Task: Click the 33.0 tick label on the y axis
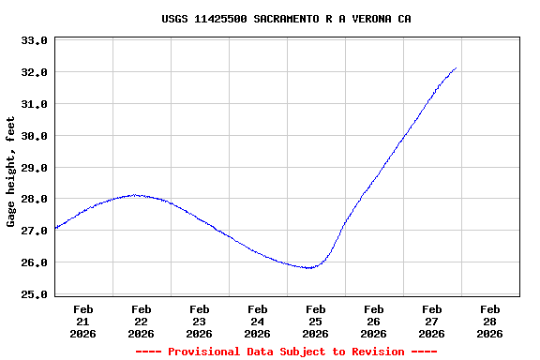click(x=34, y=41)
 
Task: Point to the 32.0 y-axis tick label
click(x=34, y=72)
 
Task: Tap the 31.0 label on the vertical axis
click(x=34, y=104)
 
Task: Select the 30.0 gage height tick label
click(x=34, y=136)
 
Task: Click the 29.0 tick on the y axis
click(x=34, y=168)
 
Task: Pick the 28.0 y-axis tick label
click(x=34, y=199)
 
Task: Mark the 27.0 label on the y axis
click(x=34, y=231)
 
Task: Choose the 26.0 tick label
click(x=34, y=262)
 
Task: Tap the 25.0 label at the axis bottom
click(x=34, y=294)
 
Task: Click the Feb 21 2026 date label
click(x=82, y=321)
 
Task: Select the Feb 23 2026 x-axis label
click(x=199, y=321)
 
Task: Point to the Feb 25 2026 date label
click(x=315, y=321)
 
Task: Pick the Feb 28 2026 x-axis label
click(x=489, y=321)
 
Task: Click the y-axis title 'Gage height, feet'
click(x=11, y=172)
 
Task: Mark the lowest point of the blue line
click(x=309, y=268)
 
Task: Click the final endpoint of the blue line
click(x=456, y=67)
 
